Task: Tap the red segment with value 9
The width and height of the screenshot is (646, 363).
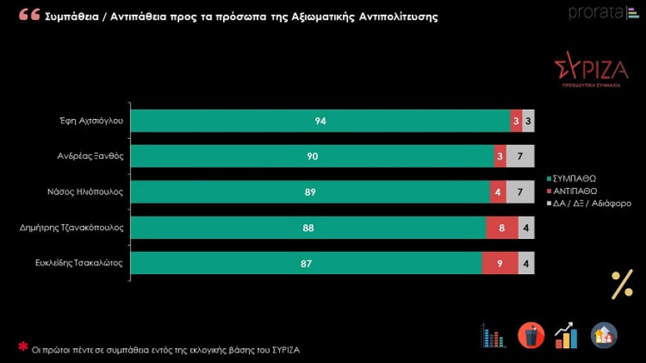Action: click(500, 263)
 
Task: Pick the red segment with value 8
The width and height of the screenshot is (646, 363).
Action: click(502, 228)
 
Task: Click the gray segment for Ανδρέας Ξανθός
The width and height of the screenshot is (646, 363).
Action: click(520, 157)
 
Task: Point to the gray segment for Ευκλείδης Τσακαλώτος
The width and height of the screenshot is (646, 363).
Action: click(526, 263)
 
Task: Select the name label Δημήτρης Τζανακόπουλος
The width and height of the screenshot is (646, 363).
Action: click(71, 228)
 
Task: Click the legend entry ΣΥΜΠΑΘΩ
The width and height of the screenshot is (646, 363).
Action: click(573, 179)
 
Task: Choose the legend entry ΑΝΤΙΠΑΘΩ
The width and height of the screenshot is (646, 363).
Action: click(574, 191)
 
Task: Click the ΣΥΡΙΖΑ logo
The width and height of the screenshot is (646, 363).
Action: click(591, 72)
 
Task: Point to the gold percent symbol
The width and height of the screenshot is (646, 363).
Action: click(622, 284)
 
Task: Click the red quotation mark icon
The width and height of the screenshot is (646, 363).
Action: click(29, 15)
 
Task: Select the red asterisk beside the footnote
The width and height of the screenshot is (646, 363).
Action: click(23, 346)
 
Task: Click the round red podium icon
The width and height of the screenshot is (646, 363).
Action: click(531, 336)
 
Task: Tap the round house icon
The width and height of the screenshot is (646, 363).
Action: click(603, 336)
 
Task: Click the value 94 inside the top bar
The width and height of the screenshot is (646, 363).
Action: click(320, 121)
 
